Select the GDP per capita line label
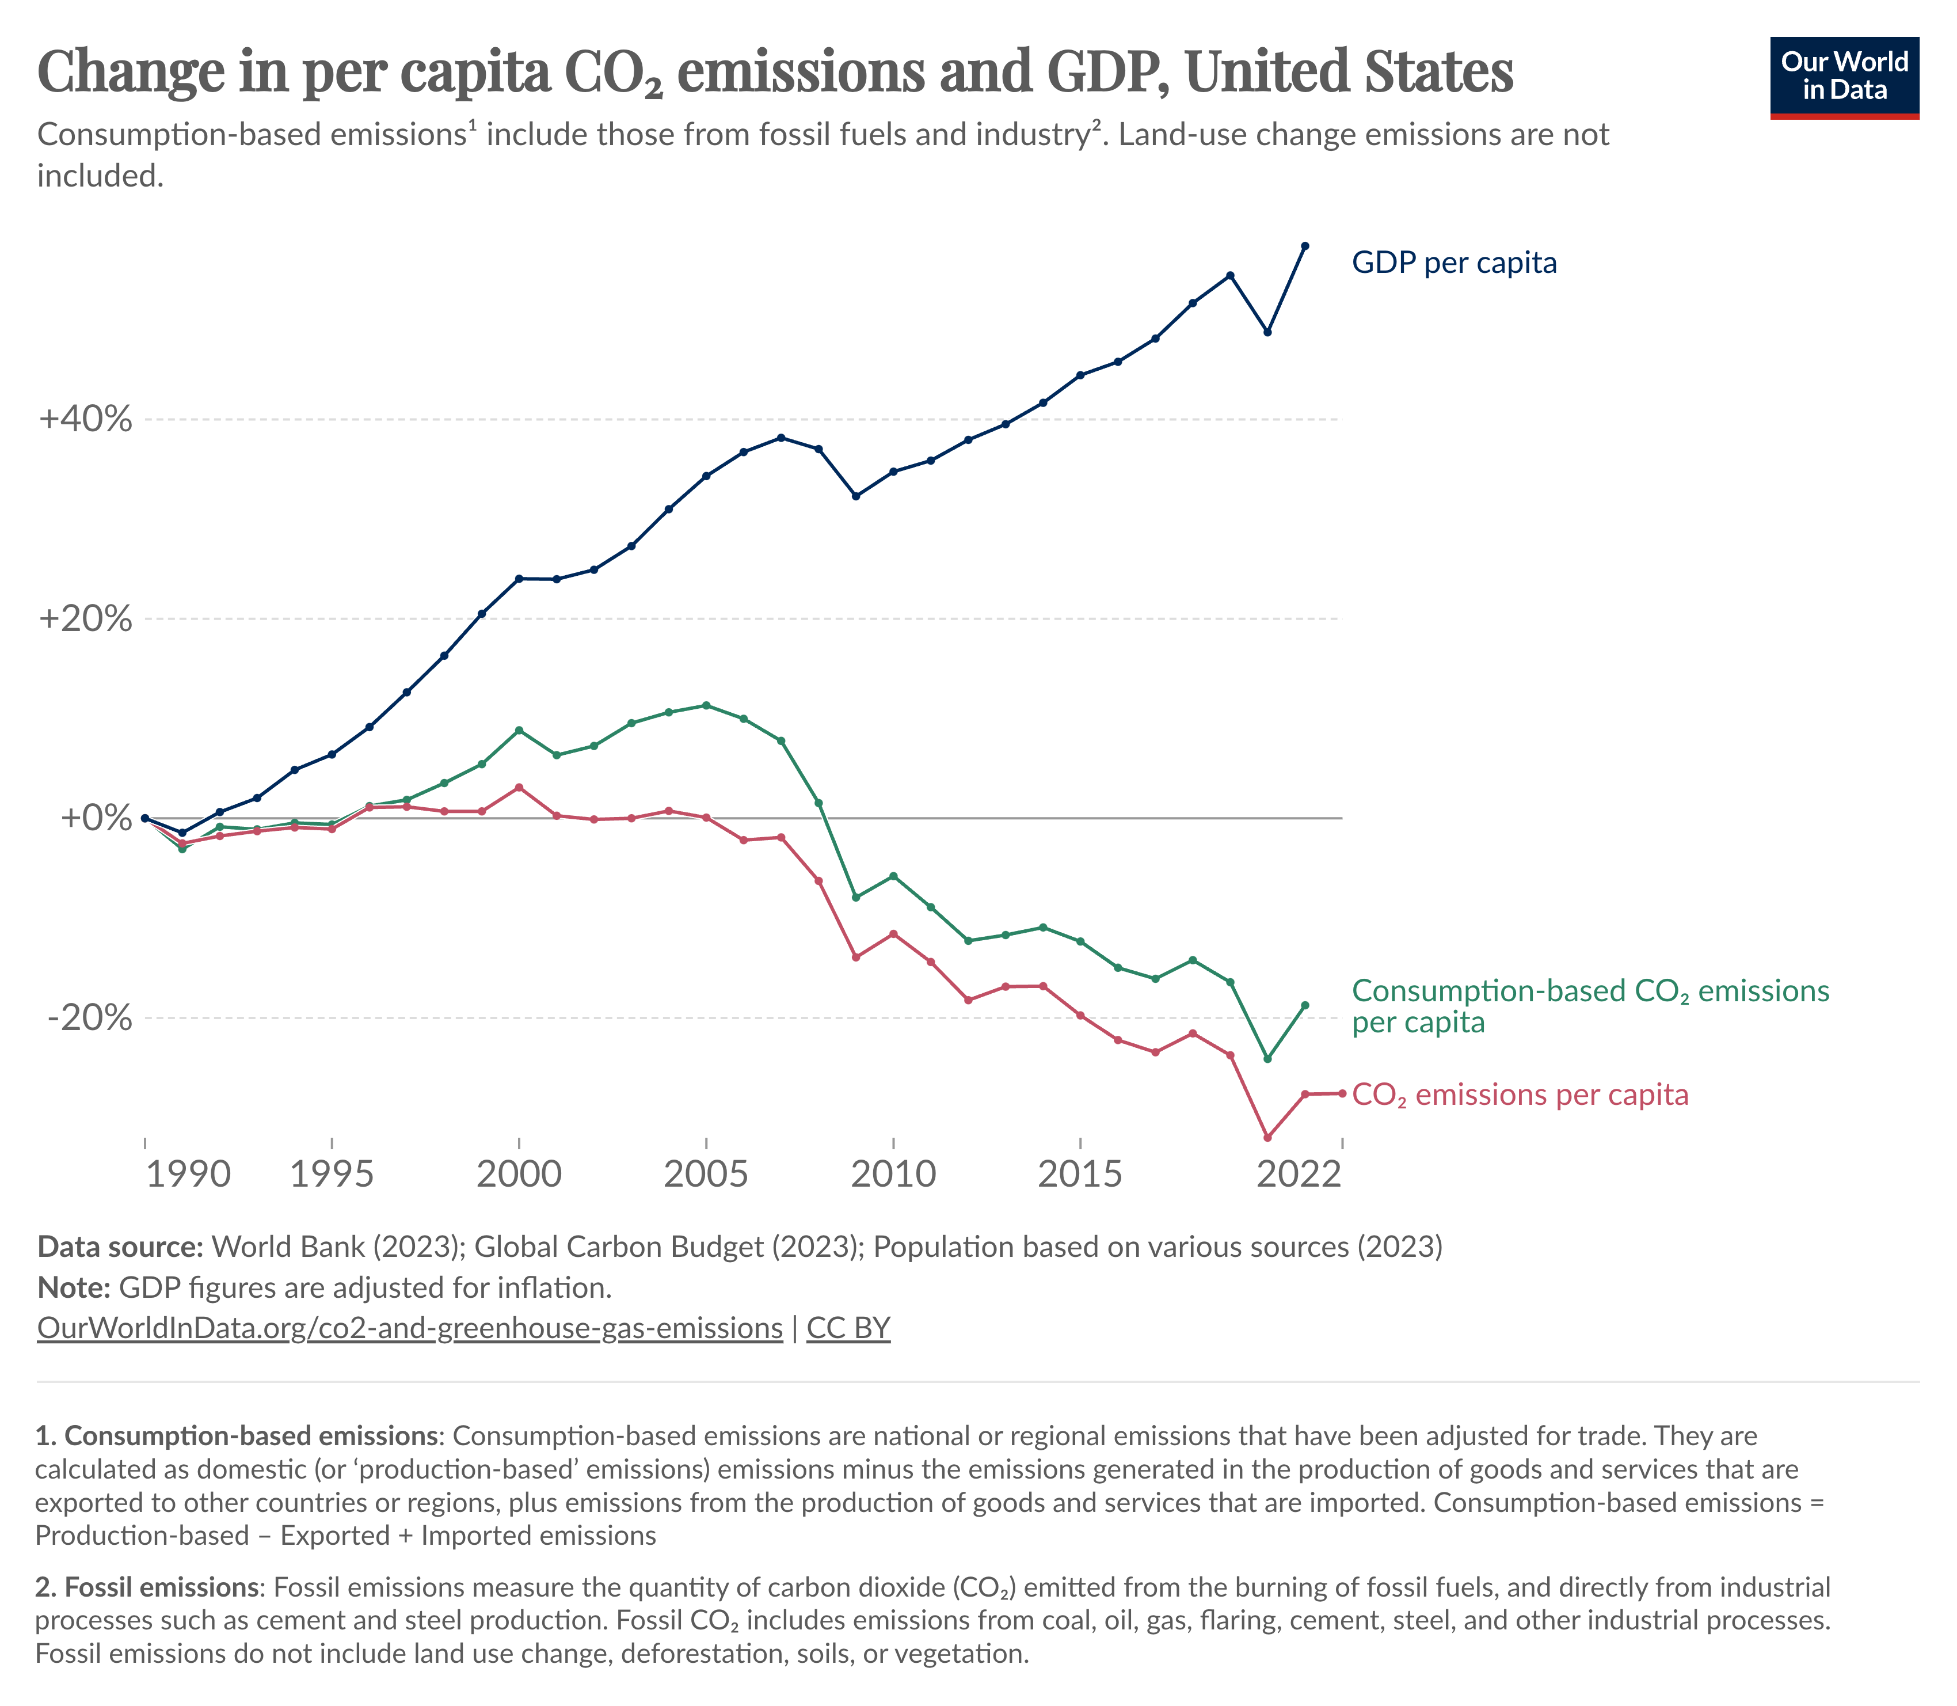[x=1453, y=263]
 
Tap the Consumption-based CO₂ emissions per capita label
[x=1590, y=1006]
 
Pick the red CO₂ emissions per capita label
[x=1520, y=1095]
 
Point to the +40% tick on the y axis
[x=86, y=419]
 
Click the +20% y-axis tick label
[x=86, y=619]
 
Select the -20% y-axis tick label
[x=89, y=1018]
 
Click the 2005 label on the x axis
[x=705, y=1175]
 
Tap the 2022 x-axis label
[x=1299, y=1175]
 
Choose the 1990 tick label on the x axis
[x=188, y=1175]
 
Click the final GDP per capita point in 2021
[x=1305, y=246]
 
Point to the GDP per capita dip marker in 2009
[x=856, y=496]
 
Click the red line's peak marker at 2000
[x=519, y=787]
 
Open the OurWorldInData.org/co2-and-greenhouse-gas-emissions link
[x=409, y=1328]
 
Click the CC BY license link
[x=848, y=1328]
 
